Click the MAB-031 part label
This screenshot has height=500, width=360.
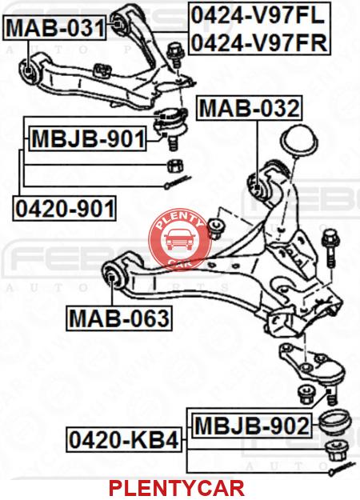point(55,28)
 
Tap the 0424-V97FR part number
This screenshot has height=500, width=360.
point(259,42)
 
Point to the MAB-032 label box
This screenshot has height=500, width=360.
point(250,108)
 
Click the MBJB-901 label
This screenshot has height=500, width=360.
point(88,138)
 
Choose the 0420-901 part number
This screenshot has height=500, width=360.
point(65,209)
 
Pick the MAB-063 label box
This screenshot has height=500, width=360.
point(119,318)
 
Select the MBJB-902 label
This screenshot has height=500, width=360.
point(252,426)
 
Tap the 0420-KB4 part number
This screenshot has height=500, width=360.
point(124,440)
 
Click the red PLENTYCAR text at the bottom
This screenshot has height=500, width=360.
point(177,488)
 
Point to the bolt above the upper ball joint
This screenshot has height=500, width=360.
point(174,55)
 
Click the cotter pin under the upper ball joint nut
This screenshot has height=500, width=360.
point(177,183)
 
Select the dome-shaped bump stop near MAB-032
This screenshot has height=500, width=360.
point(298,142)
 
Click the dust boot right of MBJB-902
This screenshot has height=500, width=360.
point(335,425)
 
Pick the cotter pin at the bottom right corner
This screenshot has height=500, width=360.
point(342,467)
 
